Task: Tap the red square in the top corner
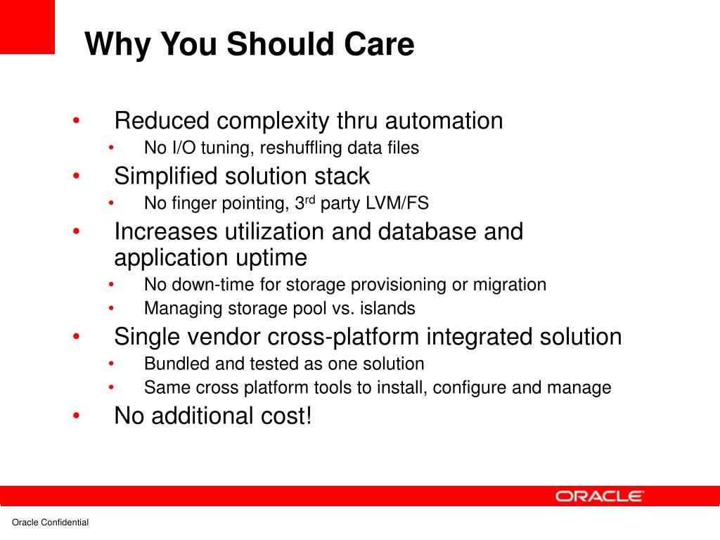pyautogui.click(x=27, y=27)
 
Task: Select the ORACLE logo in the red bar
pyautogui.click(x=599, y=496)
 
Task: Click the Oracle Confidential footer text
pyautogui.click(x=50, y=522)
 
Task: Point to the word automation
pyautogui.click(x=444, y=121)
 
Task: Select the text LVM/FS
pyautogui.click(x=397, y=203)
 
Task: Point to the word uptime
pyautogui.click(x=271, y=258)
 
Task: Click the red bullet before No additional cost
pyautogui.click(x=76, y=416)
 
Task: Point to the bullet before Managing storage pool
pyautogui.click(x=111, y=309)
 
